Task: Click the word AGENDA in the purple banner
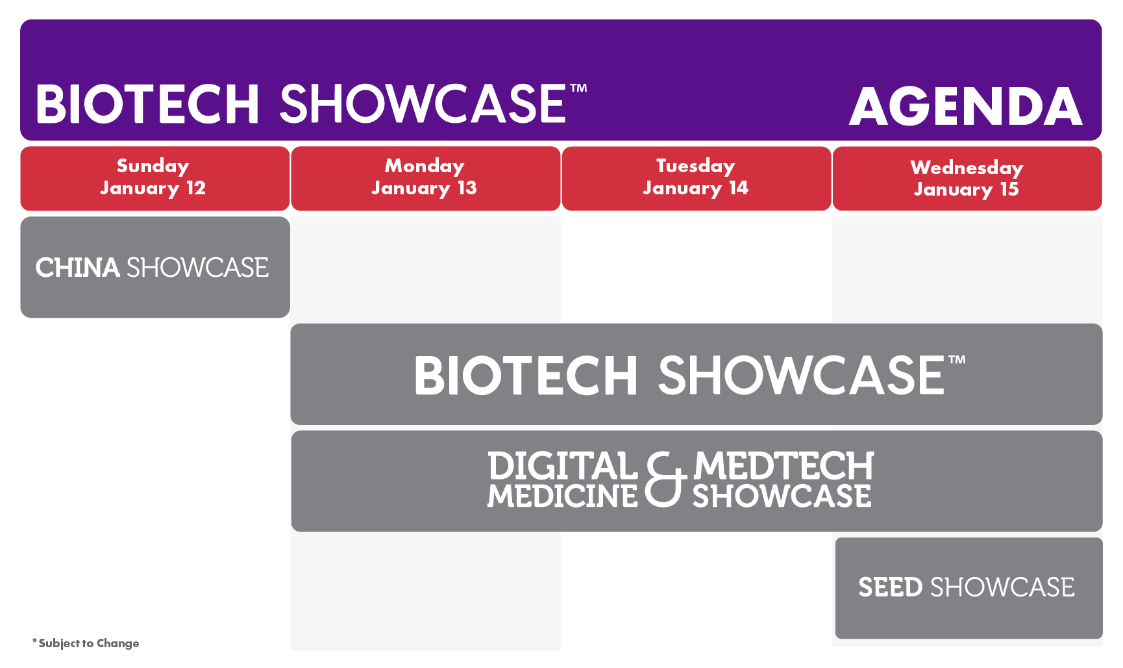pyautogui.click(x=966, y=107)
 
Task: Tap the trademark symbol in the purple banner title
pyautogui.click(x=578, y=88)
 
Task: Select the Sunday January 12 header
pyautogui.click(x=155, y=179)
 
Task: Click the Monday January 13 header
pyautogui.click(x=426, y=179)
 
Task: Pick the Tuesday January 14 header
pyautogui.click(x=697, y=179)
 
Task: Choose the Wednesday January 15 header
pyautogui.click(x=967, y=179)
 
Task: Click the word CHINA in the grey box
pyautogui.click(x=77, y=268)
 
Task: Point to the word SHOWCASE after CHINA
pyautogui.click(x=197, y=268)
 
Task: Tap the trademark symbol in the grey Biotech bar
pyautogui.click(x=957, y=359)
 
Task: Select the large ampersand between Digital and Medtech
pyautogui.click(x=666, y=480)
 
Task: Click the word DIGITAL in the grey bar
pyautogui.click(x=563, y=466)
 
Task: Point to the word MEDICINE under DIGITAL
pyautogui.click(x=563, y=496)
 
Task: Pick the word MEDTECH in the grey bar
pyautogui.click(x=784, y=466)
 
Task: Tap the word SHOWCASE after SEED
pyautogui.click(x=1002, y=587)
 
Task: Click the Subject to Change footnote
pyautogui.click(x=86, y=643)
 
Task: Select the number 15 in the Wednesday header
pyautogui.click(x=1009, y=189)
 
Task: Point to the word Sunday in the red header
pyautogui.click(x=153, y=166)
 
